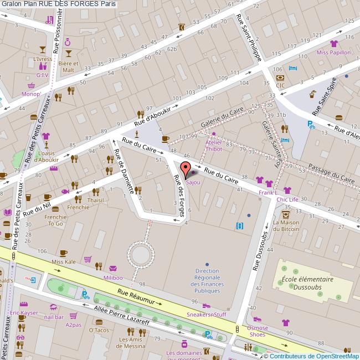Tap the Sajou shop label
click(x=193, y=182)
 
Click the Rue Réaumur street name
click(x=139, y=297)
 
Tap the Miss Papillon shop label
click(x=333, y=53)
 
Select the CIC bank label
click(x=280, y=85)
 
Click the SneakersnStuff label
click(x=207, y=314)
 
